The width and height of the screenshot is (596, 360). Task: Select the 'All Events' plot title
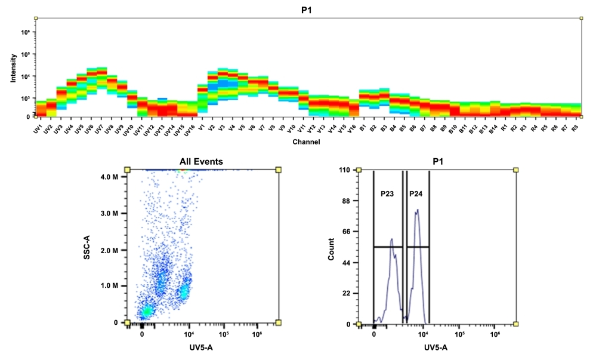point(202,161)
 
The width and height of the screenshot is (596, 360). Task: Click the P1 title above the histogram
point(437,161)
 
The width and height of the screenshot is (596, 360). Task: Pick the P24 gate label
point(416,194)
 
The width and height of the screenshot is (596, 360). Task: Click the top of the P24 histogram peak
point(418,210)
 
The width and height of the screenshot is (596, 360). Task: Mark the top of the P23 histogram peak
point(392,239)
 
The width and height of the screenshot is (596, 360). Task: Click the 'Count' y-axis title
point(331,248)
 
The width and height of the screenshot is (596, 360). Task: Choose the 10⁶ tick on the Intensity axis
point(26,32)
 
